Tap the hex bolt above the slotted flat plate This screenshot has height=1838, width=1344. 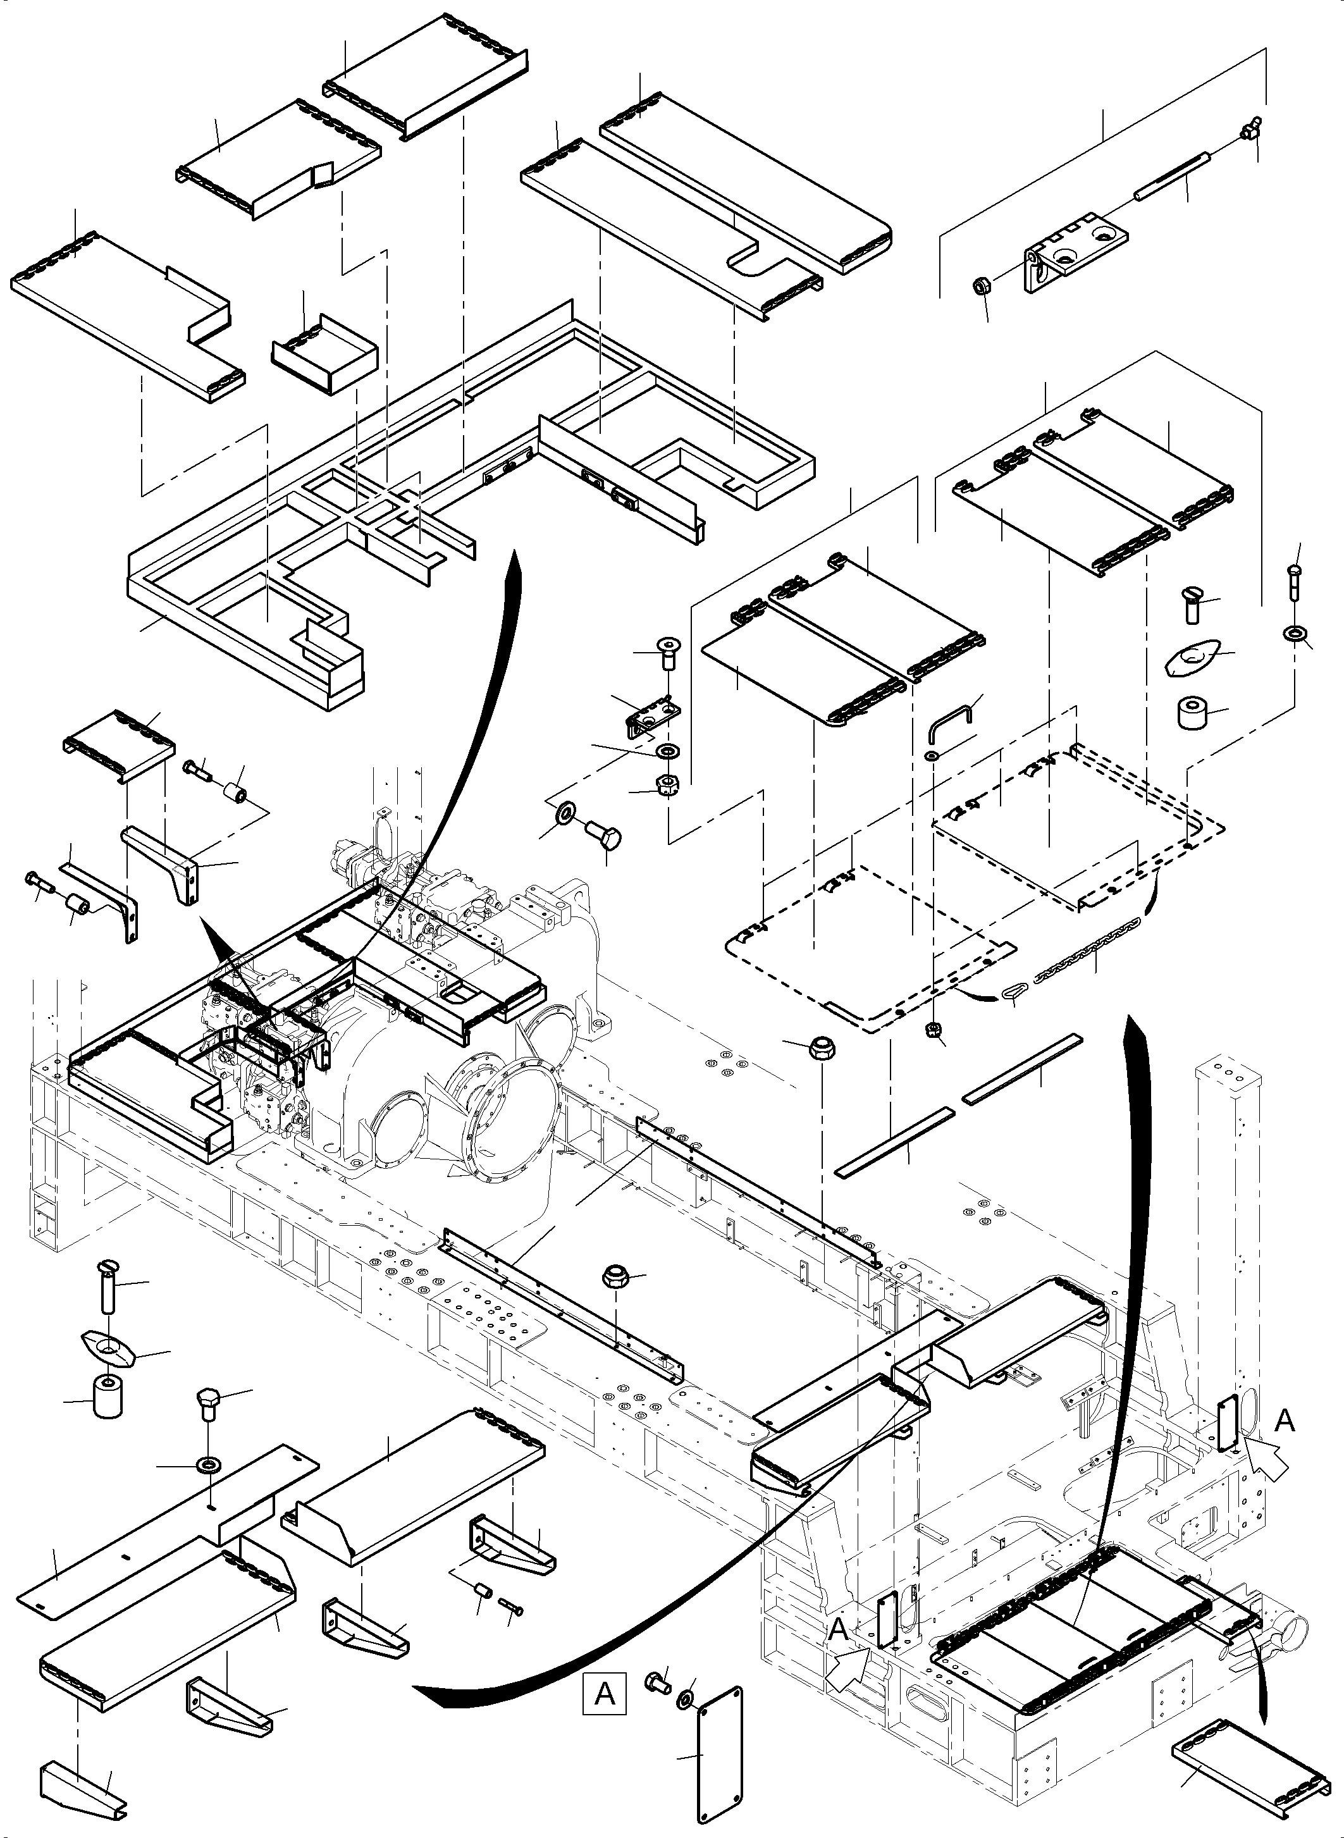(x=208, y=1405)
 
